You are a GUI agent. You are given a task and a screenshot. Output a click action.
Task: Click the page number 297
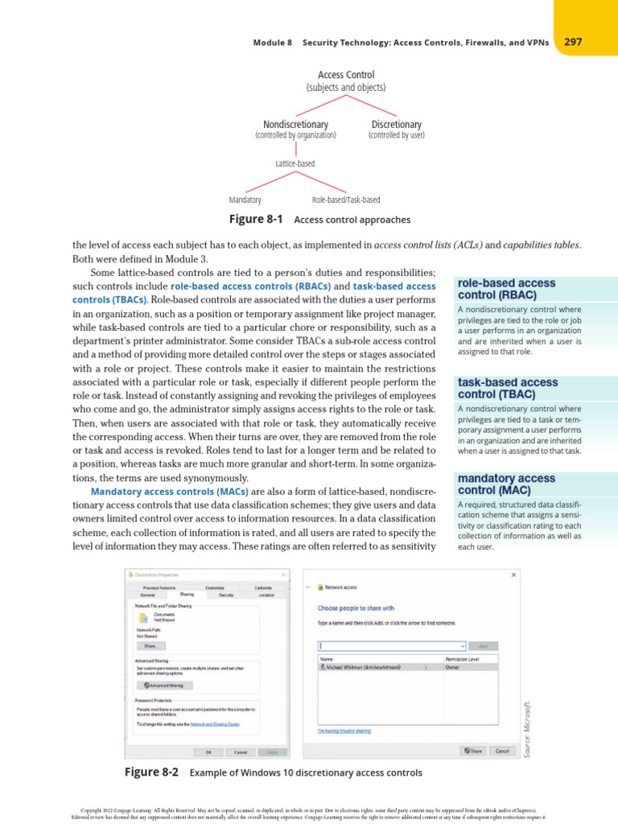(x=573, y=42)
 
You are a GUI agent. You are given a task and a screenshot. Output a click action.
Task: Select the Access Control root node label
(x=346, y=75)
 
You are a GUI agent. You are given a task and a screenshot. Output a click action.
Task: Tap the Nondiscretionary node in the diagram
(x=295, y=125)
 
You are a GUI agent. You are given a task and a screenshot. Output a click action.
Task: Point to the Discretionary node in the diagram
(x=396, y=125)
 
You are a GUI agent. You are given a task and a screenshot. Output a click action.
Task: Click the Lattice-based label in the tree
(x=295, y=163)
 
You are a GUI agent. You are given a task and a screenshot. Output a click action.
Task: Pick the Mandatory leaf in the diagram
(x=245, y=200)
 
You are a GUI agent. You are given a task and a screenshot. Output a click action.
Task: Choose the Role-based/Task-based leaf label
(x=346, y=200)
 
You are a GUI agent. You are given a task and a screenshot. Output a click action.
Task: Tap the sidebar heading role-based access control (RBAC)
(x=505, y=289)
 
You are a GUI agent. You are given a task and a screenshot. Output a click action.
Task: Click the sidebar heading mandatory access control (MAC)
(x=505, y=484)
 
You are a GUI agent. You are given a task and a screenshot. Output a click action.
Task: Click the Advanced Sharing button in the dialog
(x=167, y=686)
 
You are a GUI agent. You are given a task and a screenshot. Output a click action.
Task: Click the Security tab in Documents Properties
(x=226, y=595)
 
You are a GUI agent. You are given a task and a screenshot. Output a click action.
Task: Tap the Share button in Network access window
(x=472, y=751)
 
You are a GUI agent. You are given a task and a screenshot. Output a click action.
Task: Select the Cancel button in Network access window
(x=501, y=751)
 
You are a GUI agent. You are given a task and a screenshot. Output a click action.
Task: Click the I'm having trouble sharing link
(x=344, y=731)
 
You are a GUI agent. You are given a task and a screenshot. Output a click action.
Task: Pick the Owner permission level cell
(x=452, y=666)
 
